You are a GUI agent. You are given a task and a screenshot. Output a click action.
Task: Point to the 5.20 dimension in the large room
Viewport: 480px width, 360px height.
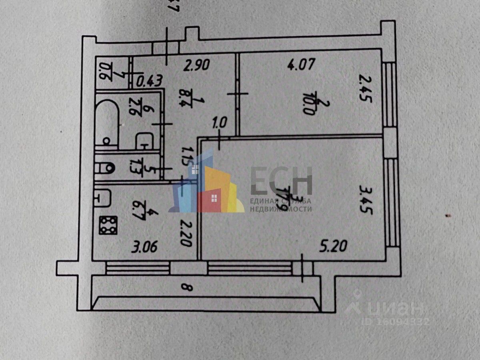332,243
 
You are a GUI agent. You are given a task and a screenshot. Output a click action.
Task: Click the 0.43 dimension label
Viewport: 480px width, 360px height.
149,81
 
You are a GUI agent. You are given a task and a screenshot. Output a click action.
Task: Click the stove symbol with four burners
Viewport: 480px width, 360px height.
108,226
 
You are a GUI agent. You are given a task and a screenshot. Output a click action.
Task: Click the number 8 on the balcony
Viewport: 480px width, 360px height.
184,287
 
